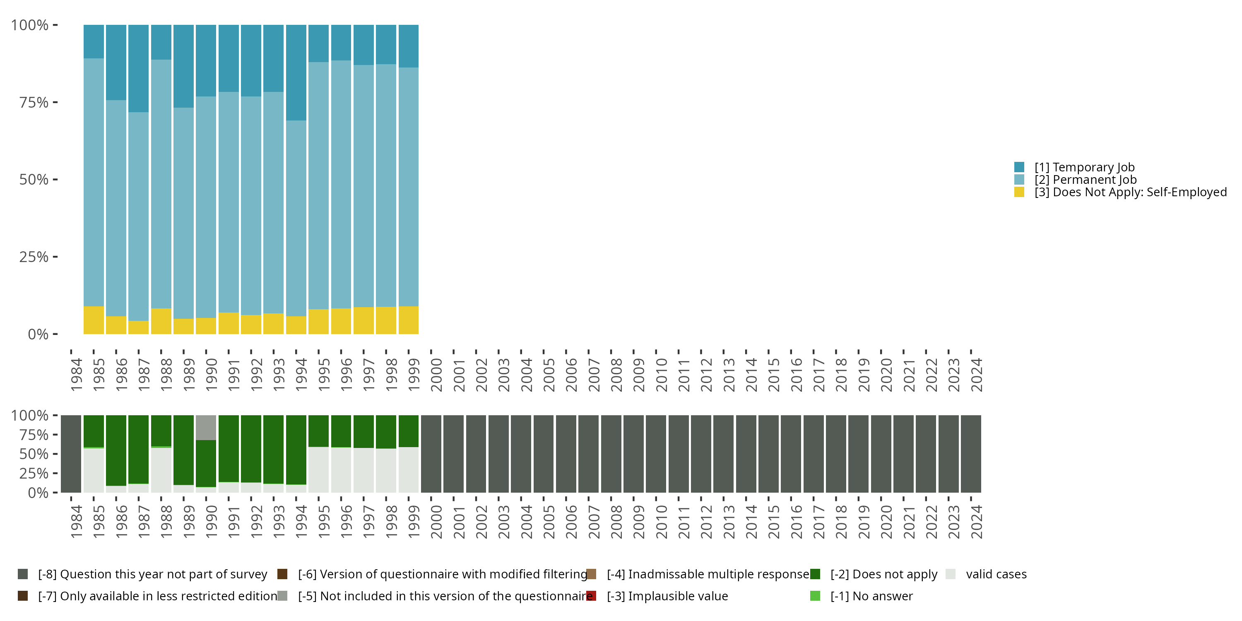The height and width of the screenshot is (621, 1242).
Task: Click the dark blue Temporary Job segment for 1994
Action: pyautogui.click(x=296, y=72)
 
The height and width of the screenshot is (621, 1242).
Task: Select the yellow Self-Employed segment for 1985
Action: pyautogui.click(x=94, y=320)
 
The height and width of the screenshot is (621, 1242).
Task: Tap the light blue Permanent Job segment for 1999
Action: pyautogui.click(x=408, y=187)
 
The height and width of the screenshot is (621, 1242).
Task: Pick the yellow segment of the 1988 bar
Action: pyautogui.click(x=161, y=321)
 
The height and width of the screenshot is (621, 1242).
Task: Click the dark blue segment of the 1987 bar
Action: pyautogui.click(x=138, y=68)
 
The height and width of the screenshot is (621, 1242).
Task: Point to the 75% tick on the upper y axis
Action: pyautogui.click(x=55, y=102)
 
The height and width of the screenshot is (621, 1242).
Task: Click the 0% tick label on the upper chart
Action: pyautogui.click(x=38, y=334)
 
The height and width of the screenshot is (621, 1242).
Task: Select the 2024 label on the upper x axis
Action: pyautogui.click(x=976, y=375)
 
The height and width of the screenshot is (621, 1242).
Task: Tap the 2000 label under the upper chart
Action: pyautogui.click(x=436, y=375)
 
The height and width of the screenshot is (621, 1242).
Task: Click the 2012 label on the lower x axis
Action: pyautogui.click(x=706, y=522)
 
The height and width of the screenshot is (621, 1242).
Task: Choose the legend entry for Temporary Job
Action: pyautogui.click(x=1084, y=167)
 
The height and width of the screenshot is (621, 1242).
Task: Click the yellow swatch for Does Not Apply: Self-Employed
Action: pyautogui.click(x=1019, y=192)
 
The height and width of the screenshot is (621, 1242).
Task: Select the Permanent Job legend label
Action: pyautogui.click(x=1085, y=180)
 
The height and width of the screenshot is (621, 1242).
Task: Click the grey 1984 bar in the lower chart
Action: pyautogui.click(x=71, y=454)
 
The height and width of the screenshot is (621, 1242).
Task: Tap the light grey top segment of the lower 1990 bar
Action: pyautogui.click(x=206, y=427)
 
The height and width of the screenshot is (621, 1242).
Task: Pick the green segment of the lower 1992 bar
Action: pyautogui.click(x=251, y=448)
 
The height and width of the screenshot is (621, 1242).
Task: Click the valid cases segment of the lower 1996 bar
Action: pyautogui.click(x=341, y=469)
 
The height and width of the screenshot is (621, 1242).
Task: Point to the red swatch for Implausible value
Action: pyautogui.click(x=592, y=596)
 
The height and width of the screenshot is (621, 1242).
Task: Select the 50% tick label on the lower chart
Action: pyautogui.click(x=34, y=454)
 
